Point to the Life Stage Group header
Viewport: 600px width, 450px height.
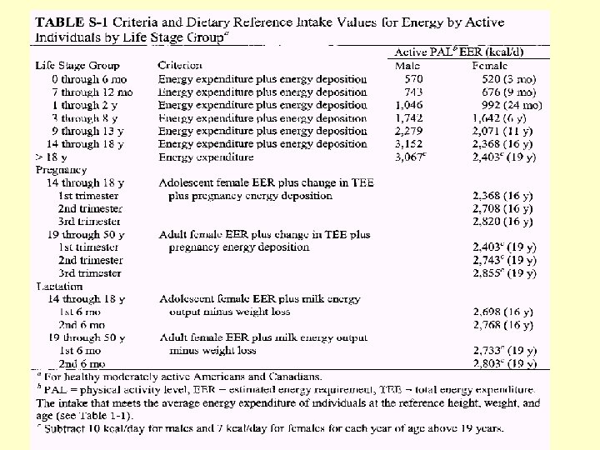pos(77,64)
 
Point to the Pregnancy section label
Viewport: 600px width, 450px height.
pos(61,169)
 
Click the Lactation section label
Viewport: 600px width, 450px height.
pos(58,286)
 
